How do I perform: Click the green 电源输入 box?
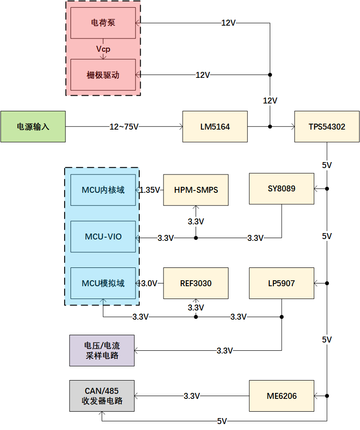[x=33, y=126]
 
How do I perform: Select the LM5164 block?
[x=215, y=126]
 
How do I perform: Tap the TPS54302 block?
[x=327, y=126]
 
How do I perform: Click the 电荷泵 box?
[x=103, y=23]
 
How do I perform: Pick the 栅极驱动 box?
[x=103, y=75]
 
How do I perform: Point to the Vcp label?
[x=103, y=49]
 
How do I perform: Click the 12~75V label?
[x=124, y=127]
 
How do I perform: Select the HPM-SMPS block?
[x=196, y=190]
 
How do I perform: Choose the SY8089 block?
[x=281, y=188]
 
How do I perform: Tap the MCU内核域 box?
[x=103, y=190]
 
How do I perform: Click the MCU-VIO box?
[x=103, y=237]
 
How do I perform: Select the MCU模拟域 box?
[x=103, y=283]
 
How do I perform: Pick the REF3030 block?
[x=196, y=283]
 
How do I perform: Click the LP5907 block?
[x=281, y=283]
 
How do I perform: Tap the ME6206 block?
[x=281, y=396]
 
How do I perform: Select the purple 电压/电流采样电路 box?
[x=102, y=350]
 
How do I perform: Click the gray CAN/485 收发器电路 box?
[x=102, y=396]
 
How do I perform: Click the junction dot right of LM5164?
[x=270, y=126]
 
